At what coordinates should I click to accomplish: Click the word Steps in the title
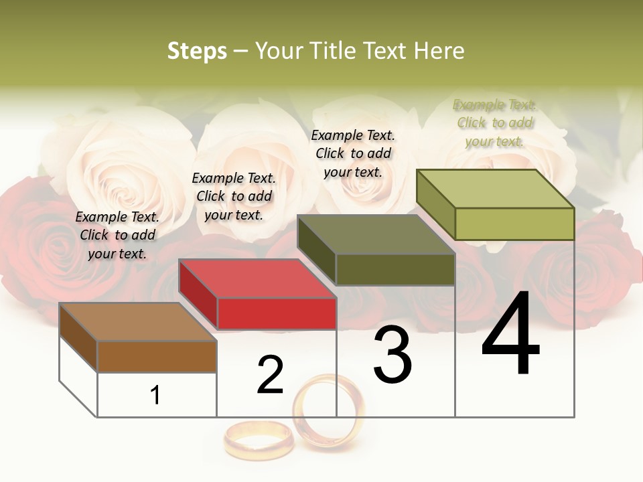[197, 51]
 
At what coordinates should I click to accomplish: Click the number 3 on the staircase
[392, 355]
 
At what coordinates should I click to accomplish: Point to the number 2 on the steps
[270, 375]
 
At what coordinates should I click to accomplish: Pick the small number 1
[155, 395]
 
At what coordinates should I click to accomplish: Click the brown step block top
[137, 322]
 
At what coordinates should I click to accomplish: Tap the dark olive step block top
[376, 234]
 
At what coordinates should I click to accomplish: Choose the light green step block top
[495, 189]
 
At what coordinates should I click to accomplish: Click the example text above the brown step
[117, 235]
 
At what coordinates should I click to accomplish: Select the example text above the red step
[234, 196]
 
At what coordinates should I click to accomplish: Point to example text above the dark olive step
[353, 153]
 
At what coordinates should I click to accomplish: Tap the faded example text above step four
[494, 123]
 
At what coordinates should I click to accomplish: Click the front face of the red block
[277, 313]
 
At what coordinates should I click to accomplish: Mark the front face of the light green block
[514, 224]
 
